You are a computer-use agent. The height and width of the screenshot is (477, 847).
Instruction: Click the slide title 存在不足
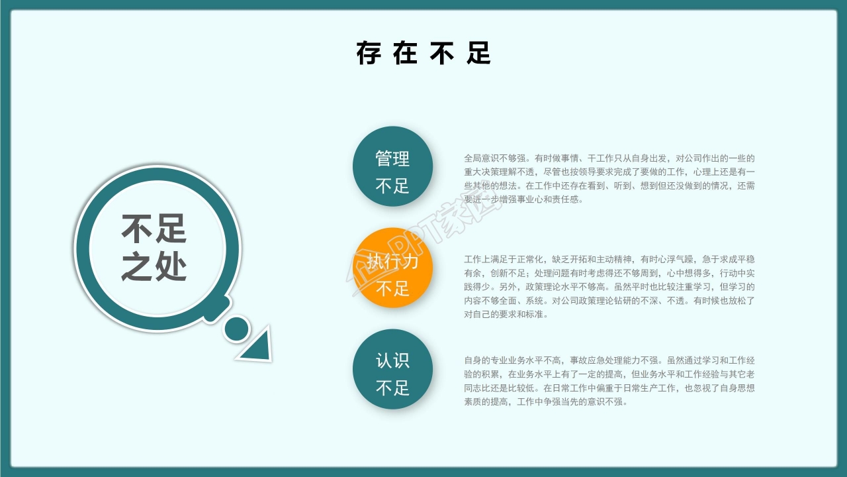tap(423, 53)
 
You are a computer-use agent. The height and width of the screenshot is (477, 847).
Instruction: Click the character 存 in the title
tap(369, 53)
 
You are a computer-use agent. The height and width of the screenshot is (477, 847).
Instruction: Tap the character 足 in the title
tap(478, 53)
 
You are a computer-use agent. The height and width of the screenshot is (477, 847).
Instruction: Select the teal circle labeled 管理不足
tap(392, 166)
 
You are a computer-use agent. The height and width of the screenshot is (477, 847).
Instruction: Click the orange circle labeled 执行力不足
tap(392, 268)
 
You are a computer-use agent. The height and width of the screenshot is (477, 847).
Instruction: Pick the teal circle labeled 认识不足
tap(392, 369)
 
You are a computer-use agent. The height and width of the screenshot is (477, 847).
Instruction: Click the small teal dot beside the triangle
tap(236, 329)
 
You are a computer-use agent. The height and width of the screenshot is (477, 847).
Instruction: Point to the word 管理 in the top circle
tap(392, 159)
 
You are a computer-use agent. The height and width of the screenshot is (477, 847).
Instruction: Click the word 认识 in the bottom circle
tap(392, 361)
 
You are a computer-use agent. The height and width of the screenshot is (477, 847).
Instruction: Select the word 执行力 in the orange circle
tap(392, 261)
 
